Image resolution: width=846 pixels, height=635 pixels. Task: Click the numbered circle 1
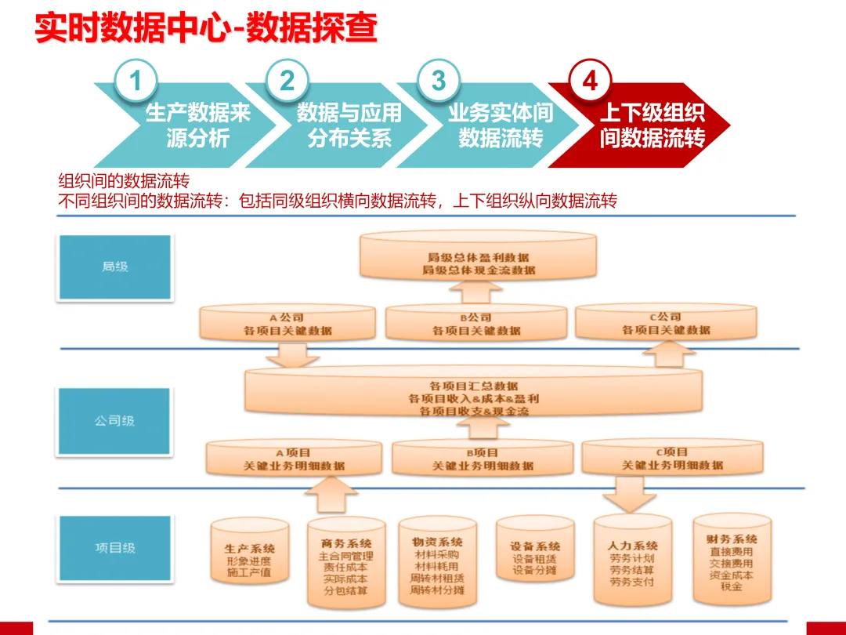pyautogui.click(x=136, y=81)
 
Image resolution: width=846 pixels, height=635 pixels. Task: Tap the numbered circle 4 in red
pyautogui.click(x=590, y=81)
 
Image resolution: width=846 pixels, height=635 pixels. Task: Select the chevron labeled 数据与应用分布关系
pyautogui.click(x=345, y=126)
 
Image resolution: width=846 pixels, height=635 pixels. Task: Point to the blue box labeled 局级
pyautogui.click(x=114, y=267)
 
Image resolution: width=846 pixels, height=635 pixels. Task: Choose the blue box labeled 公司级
pyautogui.click(x=114, y=420)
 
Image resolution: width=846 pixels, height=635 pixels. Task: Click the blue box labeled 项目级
pyautogui.click(x=114, y=547)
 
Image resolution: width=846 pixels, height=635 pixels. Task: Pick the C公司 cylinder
pyautogui.click(x=666, y=323)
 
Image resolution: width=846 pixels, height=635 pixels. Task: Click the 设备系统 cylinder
pyautogui.click(x=536, y=558)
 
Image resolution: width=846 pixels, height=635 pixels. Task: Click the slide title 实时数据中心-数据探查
pyautogui.click(x=206, y=29)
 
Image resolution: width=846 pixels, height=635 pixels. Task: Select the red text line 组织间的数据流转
pyautogui.click(x=125, y=183)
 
